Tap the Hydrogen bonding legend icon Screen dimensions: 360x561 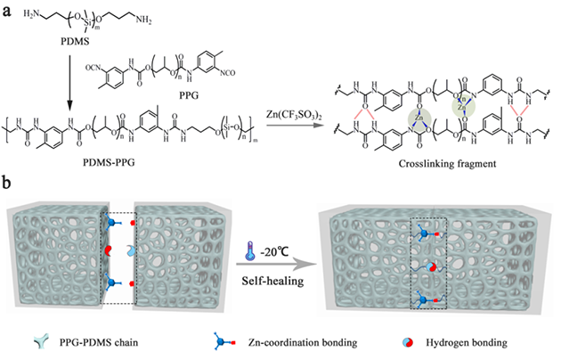pos(406,341)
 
